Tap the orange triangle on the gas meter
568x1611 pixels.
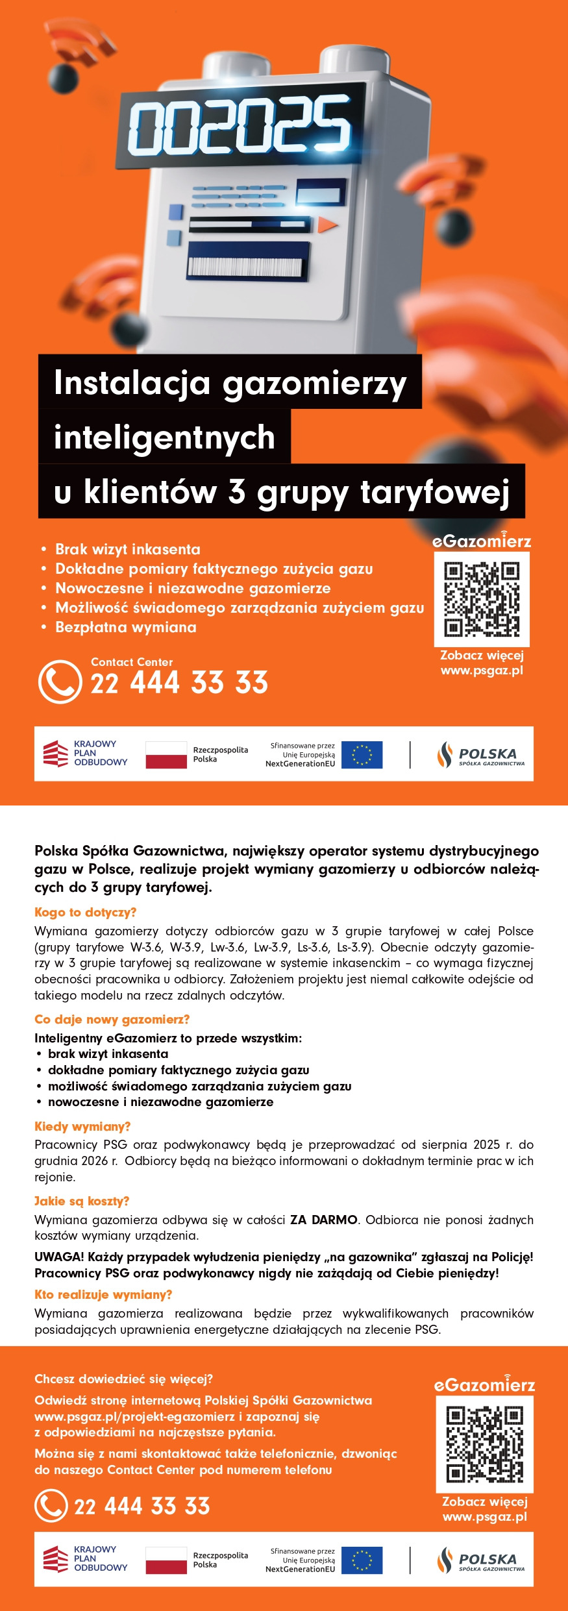pos(327,225)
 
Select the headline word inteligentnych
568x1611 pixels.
pos(164,437)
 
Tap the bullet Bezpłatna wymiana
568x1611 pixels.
pos(125,627)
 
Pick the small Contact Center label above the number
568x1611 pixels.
pos(132,662)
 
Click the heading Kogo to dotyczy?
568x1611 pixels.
pos(85,912)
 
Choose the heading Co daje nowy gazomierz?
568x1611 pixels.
pos(112,1019)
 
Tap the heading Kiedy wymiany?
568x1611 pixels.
pos(82,1126)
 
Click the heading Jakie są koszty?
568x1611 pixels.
pos(82,1201)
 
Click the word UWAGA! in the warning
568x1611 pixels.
pos(59,1257)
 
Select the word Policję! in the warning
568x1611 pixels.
pos(508,1257)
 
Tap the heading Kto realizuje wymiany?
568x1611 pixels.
pos(103,1295)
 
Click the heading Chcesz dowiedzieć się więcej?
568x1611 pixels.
pos(123,1379)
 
